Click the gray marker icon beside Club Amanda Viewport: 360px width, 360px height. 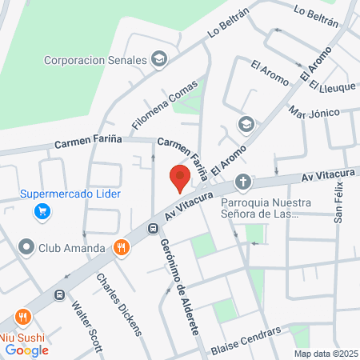[x=26, y=248]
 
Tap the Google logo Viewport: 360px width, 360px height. [x=26, y=349]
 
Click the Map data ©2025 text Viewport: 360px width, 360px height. [x=325, y=354]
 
